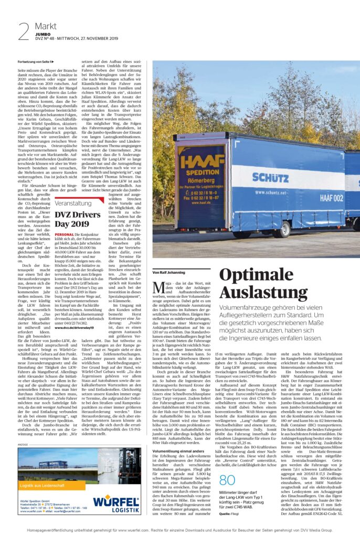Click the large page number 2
point(24,32)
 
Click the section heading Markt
point(46,26)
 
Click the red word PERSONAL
point(63,234)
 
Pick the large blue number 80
point(227,480)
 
